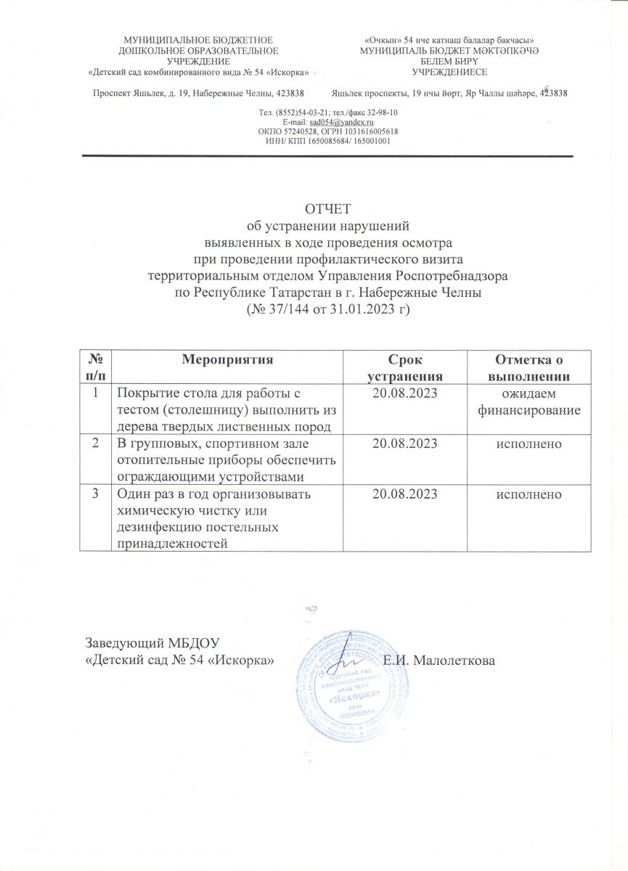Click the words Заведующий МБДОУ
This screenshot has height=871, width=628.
pyautogui.click(x=152, y=643)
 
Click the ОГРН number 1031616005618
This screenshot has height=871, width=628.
pyautogui.click(x=369, y=132)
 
